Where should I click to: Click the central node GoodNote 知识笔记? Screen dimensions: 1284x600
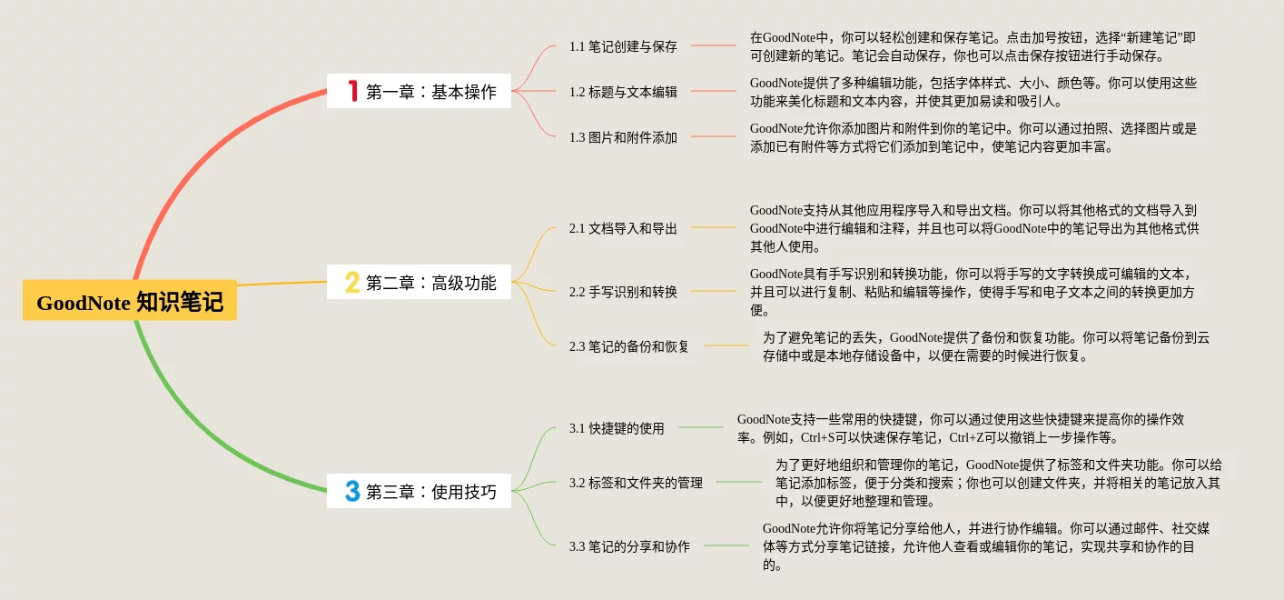pyautogui.click(x=130, y=301)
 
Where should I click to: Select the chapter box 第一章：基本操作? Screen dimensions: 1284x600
pyautogui.click(x=419, y=91)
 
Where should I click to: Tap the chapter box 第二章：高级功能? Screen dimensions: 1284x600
pyautogui.click(x=419, y=282)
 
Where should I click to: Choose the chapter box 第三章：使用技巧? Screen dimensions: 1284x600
pyautogui.click(x=419, y=491)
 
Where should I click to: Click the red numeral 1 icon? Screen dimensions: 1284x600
pyautogui.click(x=353, y=91)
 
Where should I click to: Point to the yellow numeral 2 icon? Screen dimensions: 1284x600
pyautogui.click(x=352, y=282)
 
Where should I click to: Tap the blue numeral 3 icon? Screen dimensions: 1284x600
pyautogui.click(x=352, y=491)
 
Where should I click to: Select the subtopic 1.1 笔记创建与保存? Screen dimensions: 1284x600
pyautogui.click(x=623, y=46)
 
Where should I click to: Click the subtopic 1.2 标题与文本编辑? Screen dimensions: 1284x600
pyautogui.click(x=623, y=92)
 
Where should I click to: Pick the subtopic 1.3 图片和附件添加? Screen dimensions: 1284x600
pyautogui.click(x=623, y=137)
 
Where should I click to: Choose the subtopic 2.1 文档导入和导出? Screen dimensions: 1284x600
pyautogui.click(x=623, y=228)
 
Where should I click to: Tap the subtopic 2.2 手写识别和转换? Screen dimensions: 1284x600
pyautogui.click(x=623, y=292)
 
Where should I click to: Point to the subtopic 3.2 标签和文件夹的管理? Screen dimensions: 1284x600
pyautogui.click(x=636, y=483)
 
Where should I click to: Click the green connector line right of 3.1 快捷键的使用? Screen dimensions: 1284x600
pyautogui.click(x=701, y=427)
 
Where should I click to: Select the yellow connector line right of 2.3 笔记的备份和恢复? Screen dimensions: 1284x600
pyautogui.click(x=726, y=345)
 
